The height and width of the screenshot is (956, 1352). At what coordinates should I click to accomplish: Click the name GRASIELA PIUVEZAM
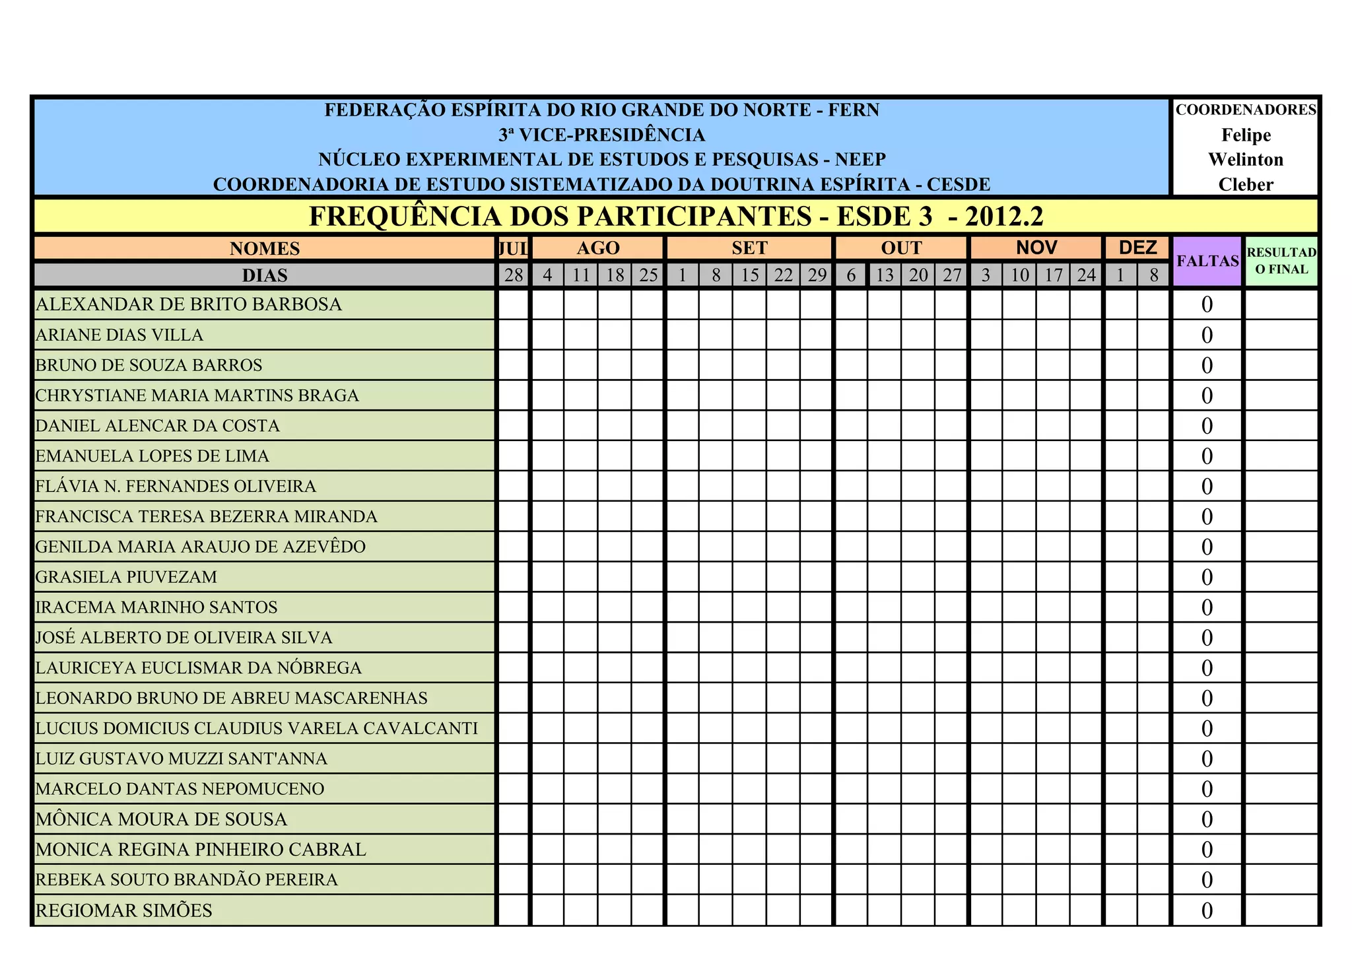click(x=126, y=577)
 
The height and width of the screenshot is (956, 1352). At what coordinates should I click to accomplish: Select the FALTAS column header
click(x=1207, y=261)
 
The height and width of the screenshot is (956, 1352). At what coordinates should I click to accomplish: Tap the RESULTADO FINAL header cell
click(x=1281, y=261)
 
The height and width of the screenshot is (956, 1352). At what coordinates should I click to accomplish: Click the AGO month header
click(x=598, y=248)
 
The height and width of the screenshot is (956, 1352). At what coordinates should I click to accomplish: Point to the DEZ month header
click(x=1137, y=248)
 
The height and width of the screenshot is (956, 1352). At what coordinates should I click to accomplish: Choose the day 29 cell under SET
click(x=817, y=275)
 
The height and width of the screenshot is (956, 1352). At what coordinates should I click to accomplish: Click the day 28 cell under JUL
click(x=514, y=275)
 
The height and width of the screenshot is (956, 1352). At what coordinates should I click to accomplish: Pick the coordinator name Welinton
click(x=1246, y=160)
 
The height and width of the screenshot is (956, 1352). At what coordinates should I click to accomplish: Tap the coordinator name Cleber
click(x=1246, y=185)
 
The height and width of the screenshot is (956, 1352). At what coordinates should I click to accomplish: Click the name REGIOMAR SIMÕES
click(x=124, y=910)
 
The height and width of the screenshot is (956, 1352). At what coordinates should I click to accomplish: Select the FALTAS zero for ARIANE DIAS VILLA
click(x=1207, y=335)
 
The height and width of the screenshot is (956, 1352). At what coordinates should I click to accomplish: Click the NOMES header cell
click(x=265, y=248)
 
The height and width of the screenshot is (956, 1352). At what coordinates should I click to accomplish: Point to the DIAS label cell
click(x=265, y=275)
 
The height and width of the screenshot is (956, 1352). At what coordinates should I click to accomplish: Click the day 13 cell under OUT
click(x=885, y=275)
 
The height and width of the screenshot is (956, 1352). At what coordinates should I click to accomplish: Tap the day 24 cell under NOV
click(x=1086, y=275)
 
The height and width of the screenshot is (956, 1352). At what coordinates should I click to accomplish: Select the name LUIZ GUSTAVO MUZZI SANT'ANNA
click(x=182, y=759)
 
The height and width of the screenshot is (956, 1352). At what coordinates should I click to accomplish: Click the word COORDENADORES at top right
click(x=1246, y=110)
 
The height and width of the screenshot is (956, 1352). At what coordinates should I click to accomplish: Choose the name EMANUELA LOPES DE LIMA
click(x=152, y=456)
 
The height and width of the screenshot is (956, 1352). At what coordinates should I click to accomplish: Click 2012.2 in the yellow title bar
click(x=1004, y=217)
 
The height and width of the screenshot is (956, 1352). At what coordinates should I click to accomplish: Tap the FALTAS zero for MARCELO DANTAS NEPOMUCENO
click(x=1207, y=789)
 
